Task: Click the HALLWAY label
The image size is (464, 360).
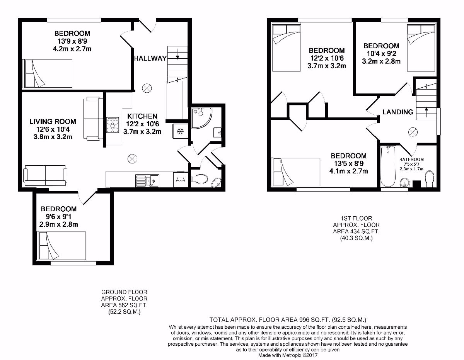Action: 150,58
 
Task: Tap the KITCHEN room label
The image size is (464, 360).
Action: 142,116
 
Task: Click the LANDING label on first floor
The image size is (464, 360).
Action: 397,112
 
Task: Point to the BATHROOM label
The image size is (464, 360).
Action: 411,159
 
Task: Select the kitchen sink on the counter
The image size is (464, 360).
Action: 147,180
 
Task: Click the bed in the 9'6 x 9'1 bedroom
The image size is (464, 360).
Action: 62,246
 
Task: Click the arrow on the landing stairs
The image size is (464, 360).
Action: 426,112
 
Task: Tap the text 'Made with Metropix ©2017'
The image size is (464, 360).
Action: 288,355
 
